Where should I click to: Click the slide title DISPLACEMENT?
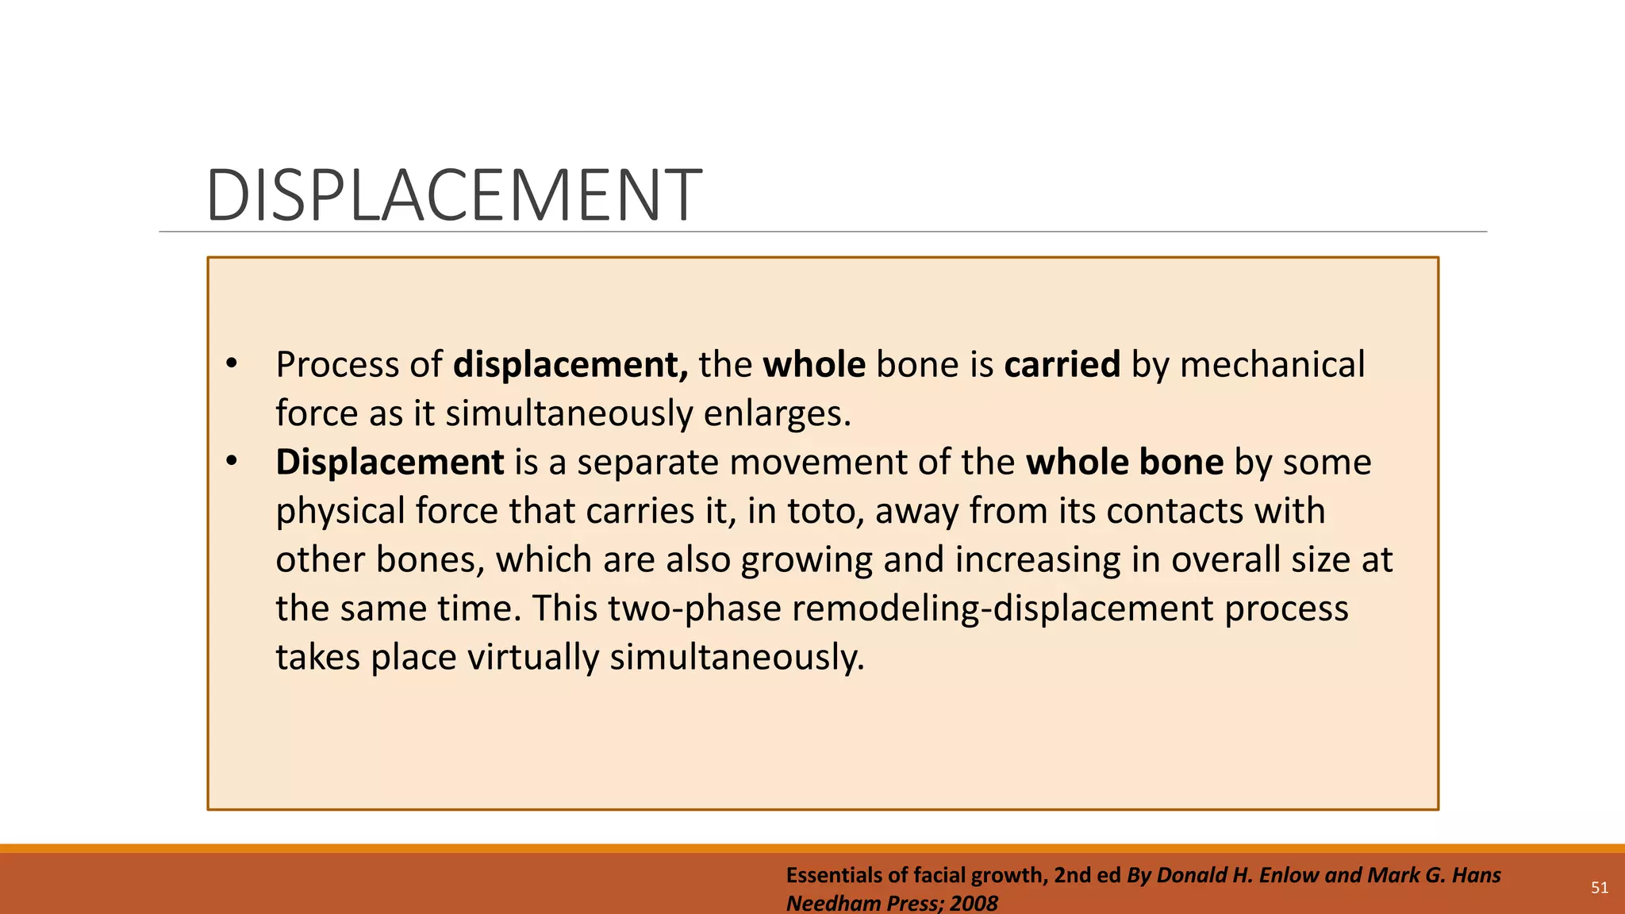(453, 195)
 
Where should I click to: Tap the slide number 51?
(1600, 888)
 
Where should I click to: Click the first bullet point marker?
(232, 364)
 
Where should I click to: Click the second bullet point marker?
(232, 462)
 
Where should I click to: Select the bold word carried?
(1062, 365)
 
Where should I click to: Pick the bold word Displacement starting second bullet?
(390, 463)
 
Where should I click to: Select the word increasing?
(1037, 560)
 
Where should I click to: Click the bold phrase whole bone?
(1124, 463)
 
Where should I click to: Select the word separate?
(647, 463)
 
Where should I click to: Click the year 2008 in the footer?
(974, 903)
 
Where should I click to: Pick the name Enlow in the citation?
(1289, 875)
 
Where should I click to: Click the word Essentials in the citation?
(834, 875)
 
